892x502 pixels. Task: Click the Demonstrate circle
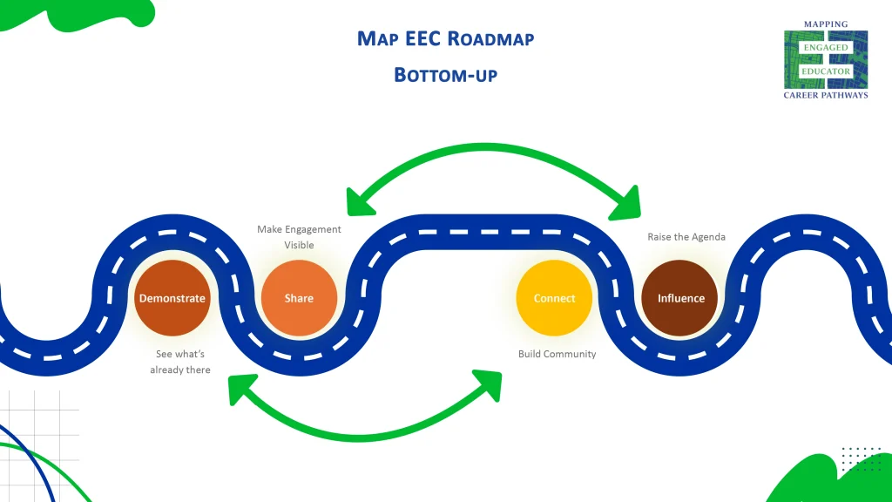pos(172,298)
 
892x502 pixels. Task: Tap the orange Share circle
pos(299,298)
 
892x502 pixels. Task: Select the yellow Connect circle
pos(554,298)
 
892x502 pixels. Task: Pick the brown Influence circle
pos(680,298)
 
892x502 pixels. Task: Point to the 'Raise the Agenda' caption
pos(686,237)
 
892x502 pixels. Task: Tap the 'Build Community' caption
pos(557,354)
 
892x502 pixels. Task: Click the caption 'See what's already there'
pos(180,362)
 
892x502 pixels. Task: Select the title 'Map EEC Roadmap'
pos(445,38)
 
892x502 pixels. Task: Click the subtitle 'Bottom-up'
pos(445,74)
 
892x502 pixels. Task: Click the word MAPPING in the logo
pos(825,24)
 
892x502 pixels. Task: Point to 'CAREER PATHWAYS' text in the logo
pos(825,95)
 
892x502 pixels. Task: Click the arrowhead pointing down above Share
pos(358,203)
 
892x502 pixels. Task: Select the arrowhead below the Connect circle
pos(489,382)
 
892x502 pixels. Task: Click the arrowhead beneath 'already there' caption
pos(240,389)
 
